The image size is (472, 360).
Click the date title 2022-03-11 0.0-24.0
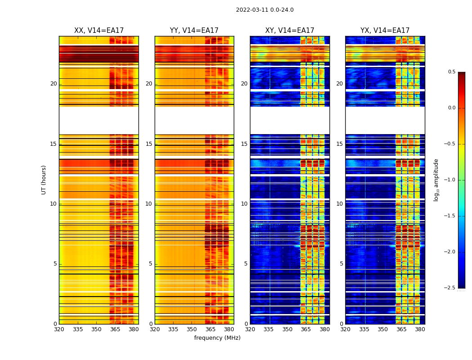264,10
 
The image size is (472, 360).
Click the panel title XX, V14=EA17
98,31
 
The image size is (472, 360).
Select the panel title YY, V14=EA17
194,31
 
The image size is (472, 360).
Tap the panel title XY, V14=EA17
289,31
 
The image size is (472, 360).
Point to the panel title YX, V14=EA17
385,31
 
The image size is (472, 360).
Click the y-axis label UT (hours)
44,180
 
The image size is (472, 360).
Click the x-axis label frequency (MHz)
217,338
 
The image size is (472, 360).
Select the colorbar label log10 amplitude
436,180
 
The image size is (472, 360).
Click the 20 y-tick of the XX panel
53,84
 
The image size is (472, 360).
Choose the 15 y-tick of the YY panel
149,144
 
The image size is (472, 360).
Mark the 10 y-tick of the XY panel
244,204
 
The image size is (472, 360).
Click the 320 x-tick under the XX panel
59,329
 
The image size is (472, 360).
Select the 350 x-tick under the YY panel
192,329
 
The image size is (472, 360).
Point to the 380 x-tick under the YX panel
420,329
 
